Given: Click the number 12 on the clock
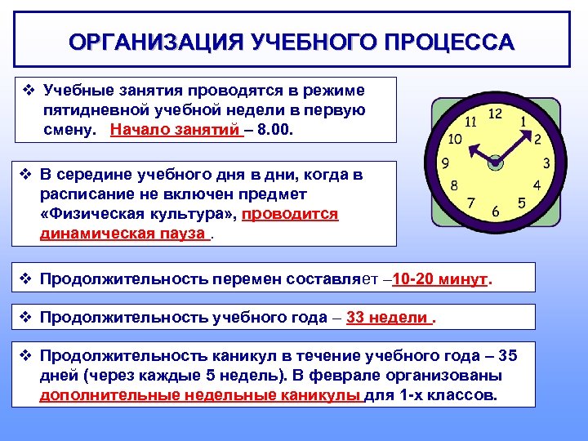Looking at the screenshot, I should [x=495, y=114].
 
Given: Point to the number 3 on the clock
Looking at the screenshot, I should [x=545, y=164].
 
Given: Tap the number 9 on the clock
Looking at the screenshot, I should [x=445, y=163].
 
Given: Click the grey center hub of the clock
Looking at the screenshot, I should [x=495, y=163].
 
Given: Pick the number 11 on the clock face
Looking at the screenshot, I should [x=471, y=122].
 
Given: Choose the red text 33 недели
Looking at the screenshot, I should [x=388, y=318].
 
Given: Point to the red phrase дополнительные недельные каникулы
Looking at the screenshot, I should [x=200, y=395].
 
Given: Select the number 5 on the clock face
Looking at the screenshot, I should [x=521, y=202].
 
